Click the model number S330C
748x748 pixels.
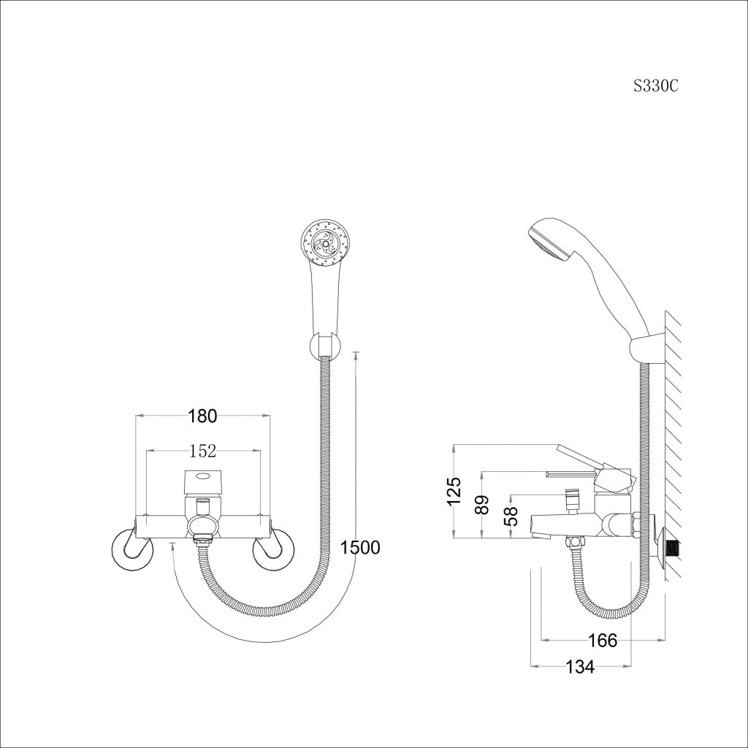655,86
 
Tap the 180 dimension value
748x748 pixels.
203,416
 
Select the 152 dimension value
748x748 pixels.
203,451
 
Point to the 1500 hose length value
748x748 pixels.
360,548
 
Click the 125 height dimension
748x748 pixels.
455,490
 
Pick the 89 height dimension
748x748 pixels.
483,505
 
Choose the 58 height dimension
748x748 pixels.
511,516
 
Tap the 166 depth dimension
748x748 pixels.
603,641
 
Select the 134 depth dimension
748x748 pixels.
580,666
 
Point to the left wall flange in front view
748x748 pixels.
132,548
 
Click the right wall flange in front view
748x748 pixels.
273,548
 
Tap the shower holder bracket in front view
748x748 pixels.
325,346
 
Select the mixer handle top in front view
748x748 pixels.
203,481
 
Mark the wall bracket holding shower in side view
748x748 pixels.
647,349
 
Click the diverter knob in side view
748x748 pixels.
571,500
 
